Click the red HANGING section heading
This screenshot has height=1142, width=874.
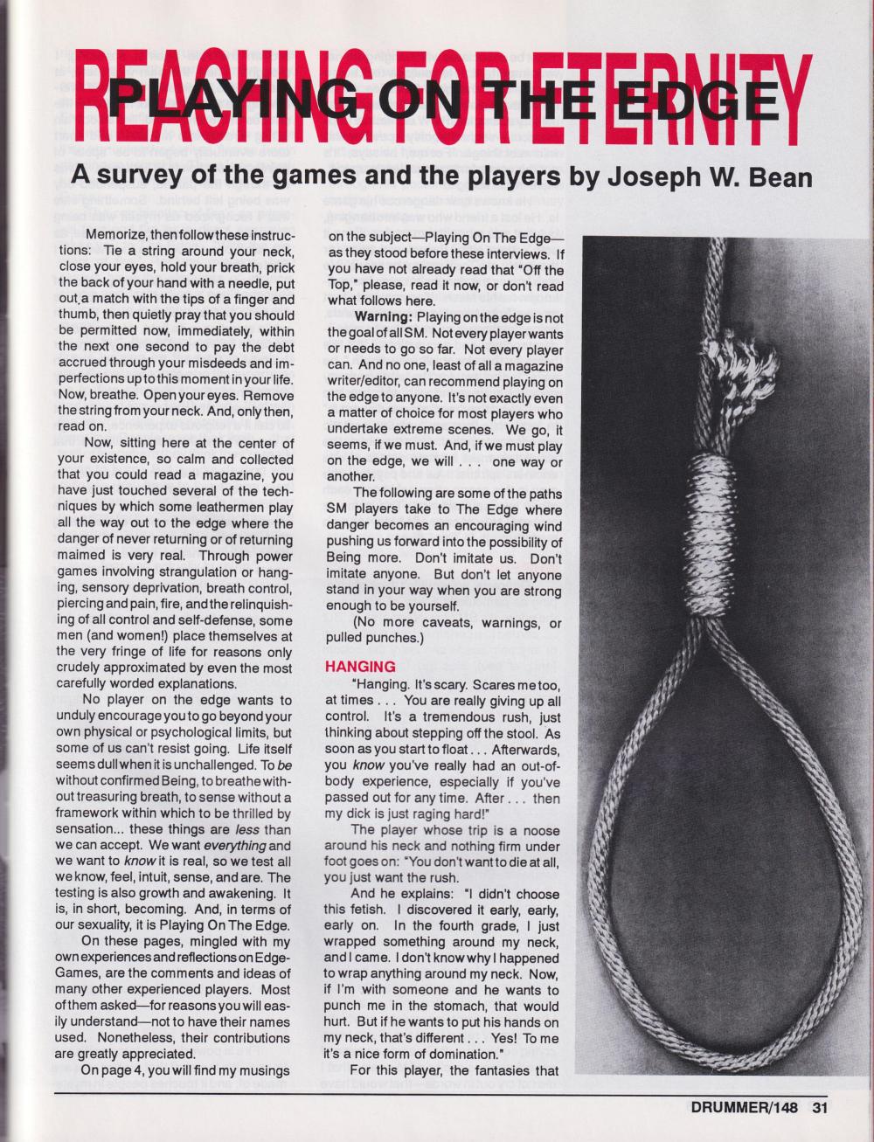360,667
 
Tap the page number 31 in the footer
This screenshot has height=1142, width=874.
818,1109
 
